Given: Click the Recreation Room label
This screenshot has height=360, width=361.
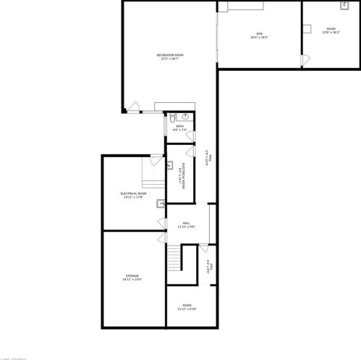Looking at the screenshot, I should [x=170, y=55].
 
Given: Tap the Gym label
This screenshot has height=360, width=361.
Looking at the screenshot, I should [x=259, y=33].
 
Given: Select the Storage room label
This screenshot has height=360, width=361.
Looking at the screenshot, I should [x=132, y=276].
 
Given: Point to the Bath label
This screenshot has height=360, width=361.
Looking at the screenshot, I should [x=179, y=126].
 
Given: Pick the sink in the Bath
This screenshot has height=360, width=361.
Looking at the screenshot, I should [x=185, y=115].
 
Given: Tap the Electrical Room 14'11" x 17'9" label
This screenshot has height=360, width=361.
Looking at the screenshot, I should [x=134, y=193].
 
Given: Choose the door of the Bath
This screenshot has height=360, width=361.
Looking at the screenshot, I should [x=190, y=137].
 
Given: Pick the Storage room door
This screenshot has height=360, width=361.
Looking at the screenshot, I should [x=162, y=238].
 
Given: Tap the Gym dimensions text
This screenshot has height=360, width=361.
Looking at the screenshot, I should [x=259, y=37].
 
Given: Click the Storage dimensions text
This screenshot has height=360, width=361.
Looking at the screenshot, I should [x=132, y=280].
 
